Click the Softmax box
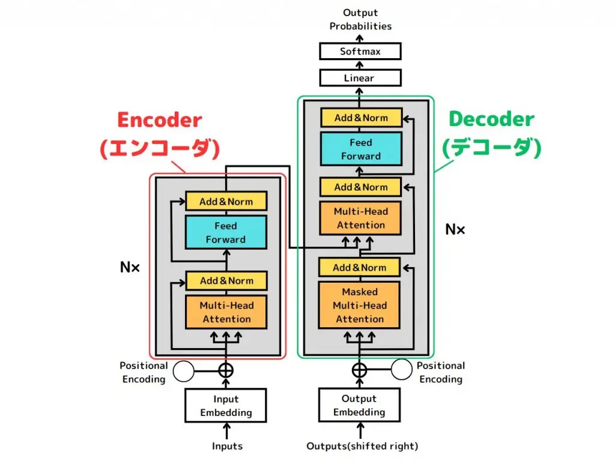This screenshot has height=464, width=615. click(x=360, y=51)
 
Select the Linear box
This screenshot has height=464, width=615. click(x=360, y=78)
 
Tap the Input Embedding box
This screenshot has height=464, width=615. click(x=226, y=406)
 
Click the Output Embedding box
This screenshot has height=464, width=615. click(x=359, y=405)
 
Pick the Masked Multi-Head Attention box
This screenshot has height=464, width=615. click(x=360, y=305)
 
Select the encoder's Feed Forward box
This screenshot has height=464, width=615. click(x=226, y=232)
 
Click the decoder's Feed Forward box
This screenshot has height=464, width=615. click(x=361, y=149)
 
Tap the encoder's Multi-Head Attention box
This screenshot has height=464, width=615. click(x=226, y=312)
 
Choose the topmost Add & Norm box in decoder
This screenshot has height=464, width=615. click(x=361, y=118)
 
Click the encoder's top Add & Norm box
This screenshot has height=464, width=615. click(x=226, y=201)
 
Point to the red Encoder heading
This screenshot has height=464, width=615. click(x=159, y=120)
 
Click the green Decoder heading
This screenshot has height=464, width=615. click(x=491, y=119)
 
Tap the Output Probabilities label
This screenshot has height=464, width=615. click(x=360, y=19)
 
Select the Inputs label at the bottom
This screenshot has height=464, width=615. click(x=227, y=446)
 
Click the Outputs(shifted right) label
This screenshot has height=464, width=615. click(x=362, y=446)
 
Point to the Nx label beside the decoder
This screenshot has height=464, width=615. click(x=455, y=229)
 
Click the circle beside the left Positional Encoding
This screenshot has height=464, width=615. click(x=183, y=371)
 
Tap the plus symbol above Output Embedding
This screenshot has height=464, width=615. click(x=359, y=370)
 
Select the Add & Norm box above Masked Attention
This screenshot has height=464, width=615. click(x=360, y=267)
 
